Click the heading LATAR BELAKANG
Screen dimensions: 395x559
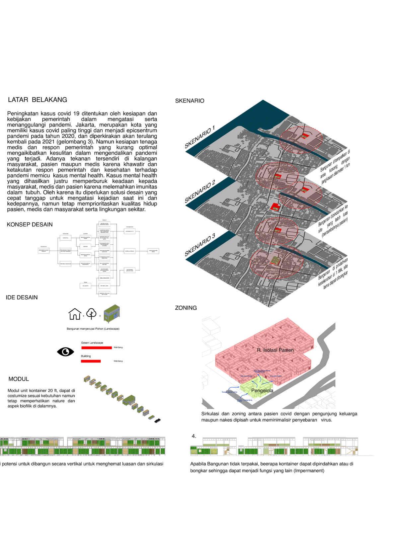point(38,100)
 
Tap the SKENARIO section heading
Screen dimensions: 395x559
point(190,101)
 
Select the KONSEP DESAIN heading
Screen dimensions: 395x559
point(30,225)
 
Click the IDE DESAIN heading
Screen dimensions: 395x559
point(22,297)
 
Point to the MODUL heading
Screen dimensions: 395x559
point(19,379)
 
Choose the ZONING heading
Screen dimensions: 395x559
point(186,308)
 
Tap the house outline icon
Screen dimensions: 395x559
point(75,314)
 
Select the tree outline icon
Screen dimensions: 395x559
point(91,314)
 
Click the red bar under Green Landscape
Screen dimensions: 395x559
point(96,348)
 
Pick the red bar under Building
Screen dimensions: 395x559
point(91,361)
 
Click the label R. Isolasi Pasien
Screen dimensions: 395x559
point(275,350)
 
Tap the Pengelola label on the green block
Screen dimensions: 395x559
point(262,391)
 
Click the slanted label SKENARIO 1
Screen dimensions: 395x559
point(200,137)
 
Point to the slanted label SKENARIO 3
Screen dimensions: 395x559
point(200,245)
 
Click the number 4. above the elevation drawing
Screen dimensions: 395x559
point(194,436)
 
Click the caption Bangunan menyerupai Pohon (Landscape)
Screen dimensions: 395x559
point(93,329)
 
